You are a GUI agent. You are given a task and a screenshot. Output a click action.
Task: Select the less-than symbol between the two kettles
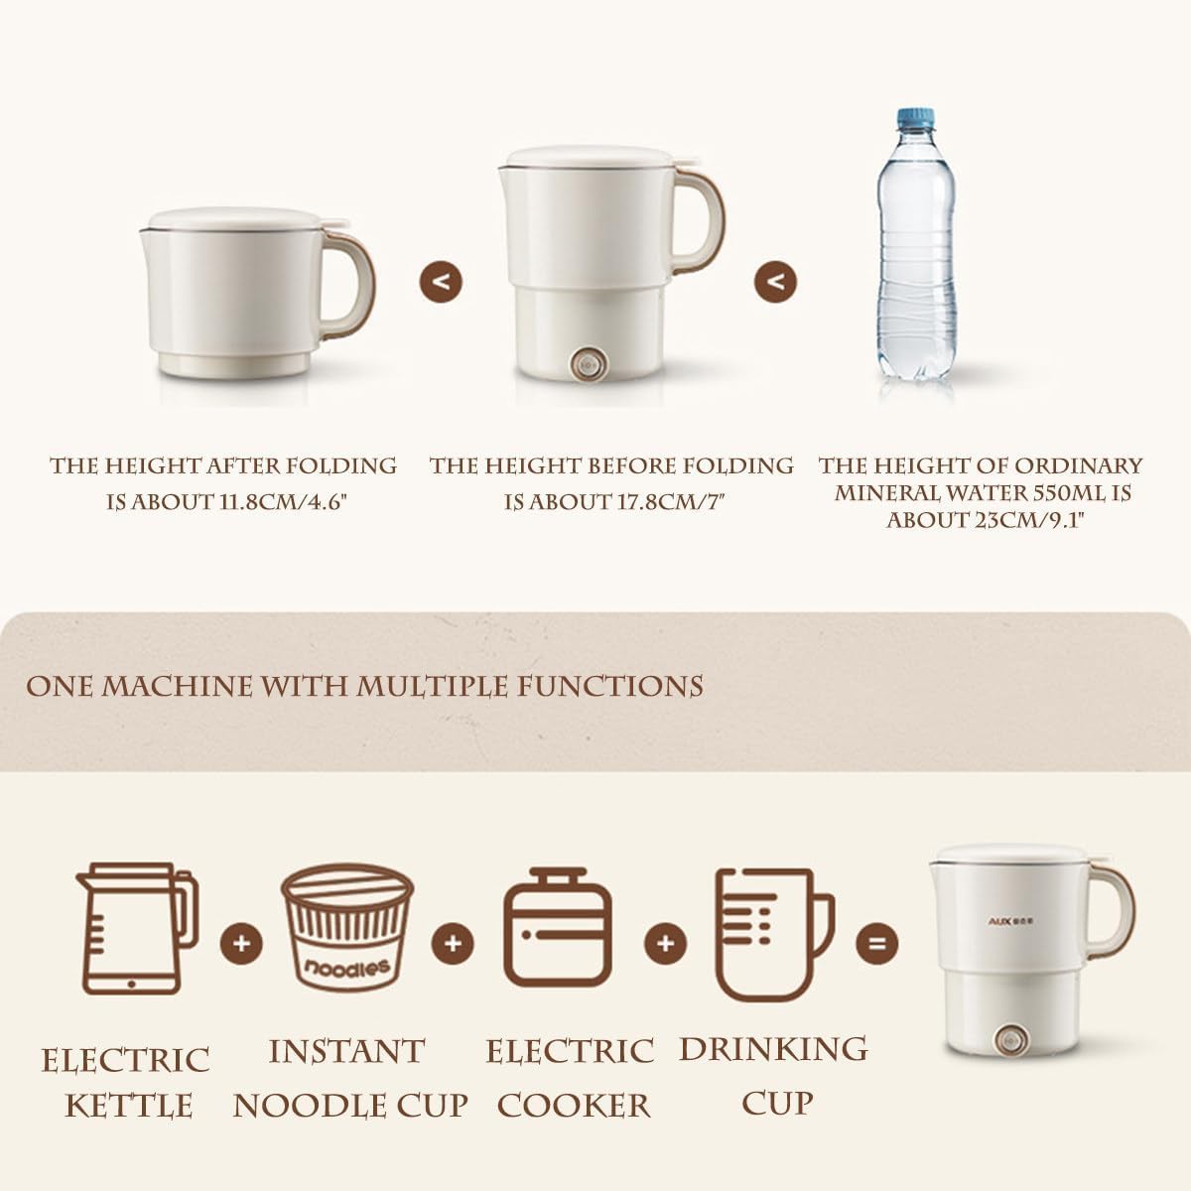click(441, 282)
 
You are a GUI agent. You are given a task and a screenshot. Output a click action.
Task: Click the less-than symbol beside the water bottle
click(775, 282)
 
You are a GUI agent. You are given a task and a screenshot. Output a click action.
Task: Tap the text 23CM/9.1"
click(1030, 520)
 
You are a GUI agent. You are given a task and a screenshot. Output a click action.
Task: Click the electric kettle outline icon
click(137, 929)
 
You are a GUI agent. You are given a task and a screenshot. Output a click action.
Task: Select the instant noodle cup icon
click(346, 930)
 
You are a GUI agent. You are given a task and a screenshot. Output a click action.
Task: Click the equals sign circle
click(877, 943)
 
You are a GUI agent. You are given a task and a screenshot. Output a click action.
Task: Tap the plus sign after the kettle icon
click(241, 943)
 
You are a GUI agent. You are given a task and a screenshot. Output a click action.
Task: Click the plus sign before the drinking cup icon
click(665, 943)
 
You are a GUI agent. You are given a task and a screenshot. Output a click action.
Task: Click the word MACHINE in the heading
click(177, 687)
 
